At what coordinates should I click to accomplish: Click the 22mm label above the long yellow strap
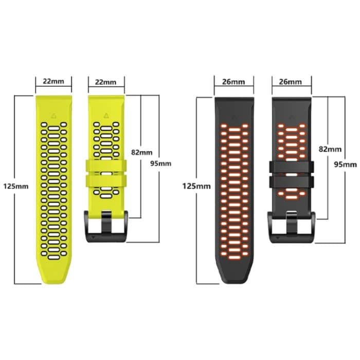[53, 81]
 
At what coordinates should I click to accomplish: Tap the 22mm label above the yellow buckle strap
[106, 82]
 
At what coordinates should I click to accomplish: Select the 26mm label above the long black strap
[234, 81]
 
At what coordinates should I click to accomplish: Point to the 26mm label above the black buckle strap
[291, 81]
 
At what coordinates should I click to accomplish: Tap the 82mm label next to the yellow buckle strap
[142, 152]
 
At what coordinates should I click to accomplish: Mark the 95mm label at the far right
[346, 164]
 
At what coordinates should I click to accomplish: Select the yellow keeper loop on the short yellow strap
[106, 174]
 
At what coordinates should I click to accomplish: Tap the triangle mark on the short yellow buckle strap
[106, 115]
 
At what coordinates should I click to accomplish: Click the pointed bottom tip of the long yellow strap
[53, 280]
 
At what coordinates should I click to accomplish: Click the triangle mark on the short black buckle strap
[291, 117]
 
